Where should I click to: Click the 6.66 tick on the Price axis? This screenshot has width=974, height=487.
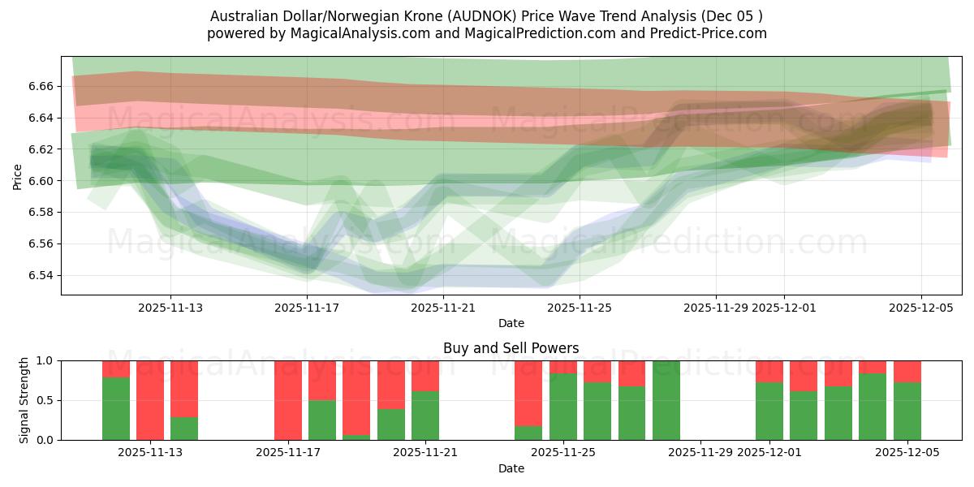coord(42,86)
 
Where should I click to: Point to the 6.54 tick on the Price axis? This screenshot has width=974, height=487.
coord(42,275)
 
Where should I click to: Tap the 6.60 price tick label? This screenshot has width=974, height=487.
coord(42,181)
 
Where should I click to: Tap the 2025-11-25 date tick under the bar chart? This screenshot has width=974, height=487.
coord(562,453)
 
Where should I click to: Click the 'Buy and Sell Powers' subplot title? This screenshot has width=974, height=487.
coord(511,348)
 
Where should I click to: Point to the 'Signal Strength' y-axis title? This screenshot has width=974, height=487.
coord(24,400)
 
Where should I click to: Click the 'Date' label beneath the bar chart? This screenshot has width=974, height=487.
coord(511,468)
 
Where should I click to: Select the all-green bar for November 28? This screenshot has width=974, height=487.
coord(666,400)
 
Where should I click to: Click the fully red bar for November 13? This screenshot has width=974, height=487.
coord(150,400)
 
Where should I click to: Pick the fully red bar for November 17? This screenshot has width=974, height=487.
coord(288,400)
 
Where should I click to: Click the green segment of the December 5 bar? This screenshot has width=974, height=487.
coord(907,412)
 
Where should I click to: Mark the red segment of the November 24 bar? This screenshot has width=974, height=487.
coord(528,393)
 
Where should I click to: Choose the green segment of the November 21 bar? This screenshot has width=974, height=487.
coord(425,416)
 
